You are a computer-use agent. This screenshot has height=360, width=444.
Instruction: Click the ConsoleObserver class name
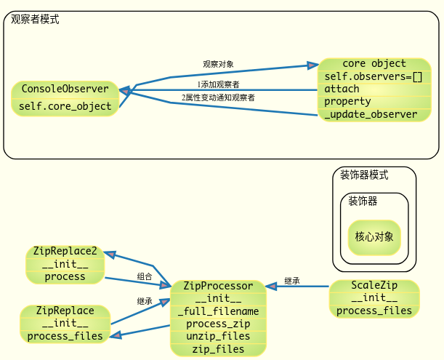point(65,89)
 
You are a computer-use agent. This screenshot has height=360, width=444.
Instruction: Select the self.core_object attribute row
point(65,106)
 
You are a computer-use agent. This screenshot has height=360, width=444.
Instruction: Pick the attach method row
point(342,89)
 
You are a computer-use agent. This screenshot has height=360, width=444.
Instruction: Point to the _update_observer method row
point(371,114)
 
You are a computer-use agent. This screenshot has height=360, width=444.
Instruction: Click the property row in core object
point(347,101)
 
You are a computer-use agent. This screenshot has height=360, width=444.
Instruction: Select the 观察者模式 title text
point(36,20)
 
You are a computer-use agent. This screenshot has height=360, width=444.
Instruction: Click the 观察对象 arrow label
point(218,64)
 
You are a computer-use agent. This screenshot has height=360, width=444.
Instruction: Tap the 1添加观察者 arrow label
point(218,85)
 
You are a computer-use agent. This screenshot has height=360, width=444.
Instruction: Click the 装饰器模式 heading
point(364,175)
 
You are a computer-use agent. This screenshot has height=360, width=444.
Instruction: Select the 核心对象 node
point(374,236)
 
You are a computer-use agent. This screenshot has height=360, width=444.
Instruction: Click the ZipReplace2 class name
point(65,251)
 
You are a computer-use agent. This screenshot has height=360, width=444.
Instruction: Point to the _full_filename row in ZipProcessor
point(218,311)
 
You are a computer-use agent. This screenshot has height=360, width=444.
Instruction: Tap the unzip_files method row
point(218,336)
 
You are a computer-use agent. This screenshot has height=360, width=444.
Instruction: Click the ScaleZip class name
point(374,285)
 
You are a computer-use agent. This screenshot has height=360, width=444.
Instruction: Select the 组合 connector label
point(145,276)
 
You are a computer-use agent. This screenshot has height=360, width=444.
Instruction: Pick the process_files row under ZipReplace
point(65,336)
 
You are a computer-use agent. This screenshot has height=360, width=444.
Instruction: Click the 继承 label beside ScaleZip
point(292,281)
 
